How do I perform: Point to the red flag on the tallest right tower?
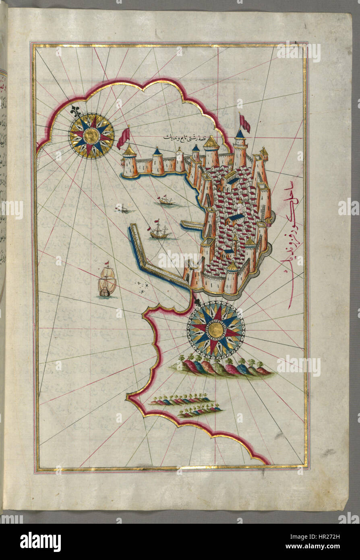tap(244, 123)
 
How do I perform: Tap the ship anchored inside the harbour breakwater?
tap(160, 231)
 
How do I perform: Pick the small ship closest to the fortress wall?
tap(166, 200)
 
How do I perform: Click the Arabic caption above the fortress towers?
tap(195, 137)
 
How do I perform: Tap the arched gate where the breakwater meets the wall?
tap(188, 274)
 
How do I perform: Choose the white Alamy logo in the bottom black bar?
tap(40, 541)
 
